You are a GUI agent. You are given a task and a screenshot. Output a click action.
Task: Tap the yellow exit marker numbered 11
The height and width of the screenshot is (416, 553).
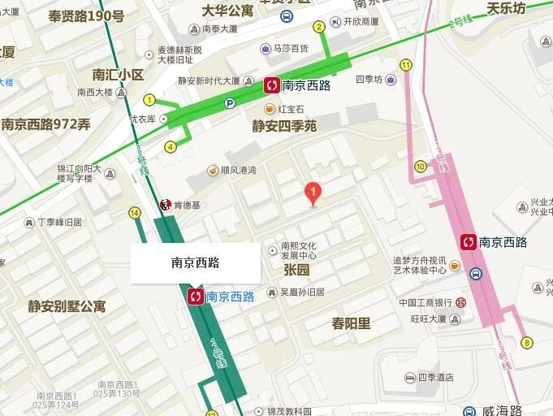405,65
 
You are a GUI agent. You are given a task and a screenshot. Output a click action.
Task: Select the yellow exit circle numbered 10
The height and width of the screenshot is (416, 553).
420,167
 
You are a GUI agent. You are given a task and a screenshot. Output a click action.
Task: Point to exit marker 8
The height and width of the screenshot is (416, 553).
527,342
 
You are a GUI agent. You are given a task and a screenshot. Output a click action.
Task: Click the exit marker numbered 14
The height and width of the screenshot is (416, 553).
134,213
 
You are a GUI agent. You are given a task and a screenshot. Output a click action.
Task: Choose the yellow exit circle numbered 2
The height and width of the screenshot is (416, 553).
319,27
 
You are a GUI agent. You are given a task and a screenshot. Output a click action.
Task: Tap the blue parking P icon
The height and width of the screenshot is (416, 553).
230,103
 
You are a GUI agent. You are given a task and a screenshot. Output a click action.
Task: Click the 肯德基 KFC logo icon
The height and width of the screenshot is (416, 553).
166,204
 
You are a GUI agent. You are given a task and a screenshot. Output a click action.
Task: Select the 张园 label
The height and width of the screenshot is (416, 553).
296,269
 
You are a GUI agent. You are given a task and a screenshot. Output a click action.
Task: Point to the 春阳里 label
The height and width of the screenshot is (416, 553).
351,323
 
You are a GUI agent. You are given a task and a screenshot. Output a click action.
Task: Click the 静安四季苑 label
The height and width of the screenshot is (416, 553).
284,126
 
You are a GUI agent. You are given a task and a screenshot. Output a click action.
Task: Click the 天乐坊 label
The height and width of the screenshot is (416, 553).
506,9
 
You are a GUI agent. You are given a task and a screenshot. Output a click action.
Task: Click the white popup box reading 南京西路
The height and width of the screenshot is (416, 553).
196,262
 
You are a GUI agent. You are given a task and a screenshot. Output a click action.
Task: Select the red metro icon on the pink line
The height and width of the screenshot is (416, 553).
468,241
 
